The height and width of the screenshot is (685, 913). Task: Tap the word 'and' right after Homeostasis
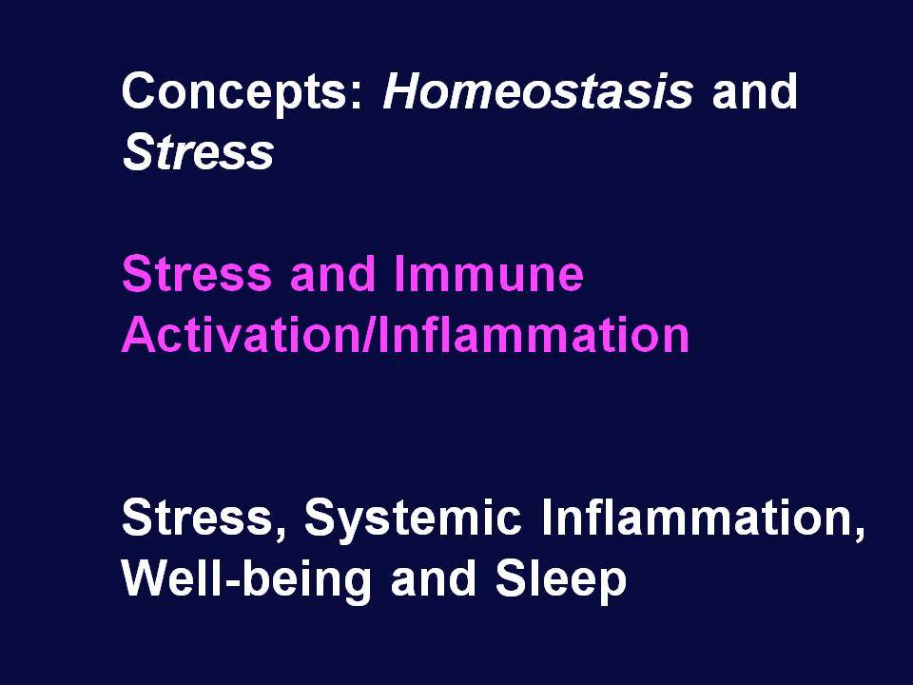click(754, 90)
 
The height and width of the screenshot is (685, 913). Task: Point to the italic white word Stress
click(198, 151)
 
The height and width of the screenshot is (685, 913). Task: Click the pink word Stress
click(197, 273)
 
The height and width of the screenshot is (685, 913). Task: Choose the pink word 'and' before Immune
click(333, 273)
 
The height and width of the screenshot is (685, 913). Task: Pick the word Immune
click(489, 273)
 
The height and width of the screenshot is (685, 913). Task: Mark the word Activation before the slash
click(241, 334)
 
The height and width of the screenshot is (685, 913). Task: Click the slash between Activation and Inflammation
click(369, 334)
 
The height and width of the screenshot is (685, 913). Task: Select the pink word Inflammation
click(534, 334)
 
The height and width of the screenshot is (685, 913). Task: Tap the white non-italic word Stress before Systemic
click(197, 517)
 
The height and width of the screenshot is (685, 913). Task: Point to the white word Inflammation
click(695, 517)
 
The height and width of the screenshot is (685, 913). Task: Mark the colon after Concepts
click(357, 95)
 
